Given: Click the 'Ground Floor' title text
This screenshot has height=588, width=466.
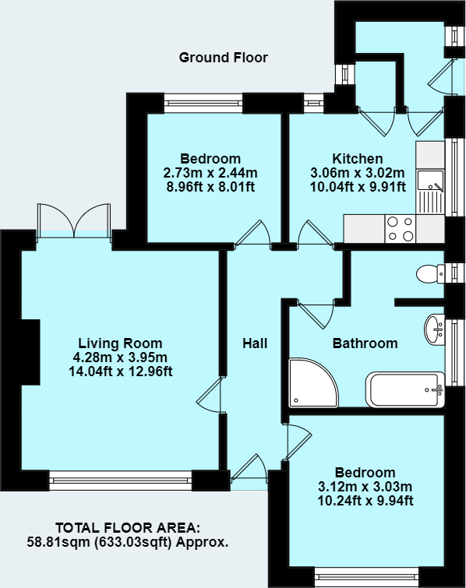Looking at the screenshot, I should coord(223,58).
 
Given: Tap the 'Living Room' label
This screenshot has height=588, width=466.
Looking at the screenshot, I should coord(120,343).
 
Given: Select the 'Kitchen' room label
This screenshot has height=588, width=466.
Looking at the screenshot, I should coord(358,158).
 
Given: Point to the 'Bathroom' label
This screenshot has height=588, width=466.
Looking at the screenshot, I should coord(365,343).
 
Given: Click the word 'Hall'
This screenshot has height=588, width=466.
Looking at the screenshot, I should coord(254,343).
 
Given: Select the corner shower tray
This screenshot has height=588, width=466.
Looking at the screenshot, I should coord(311,382).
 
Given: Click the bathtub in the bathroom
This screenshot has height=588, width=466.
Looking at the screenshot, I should coord(404,389).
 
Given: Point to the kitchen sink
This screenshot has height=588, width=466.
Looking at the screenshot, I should coord(429,182).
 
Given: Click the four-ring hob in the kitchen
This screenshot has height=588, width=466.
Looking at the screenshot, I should coord(401,227).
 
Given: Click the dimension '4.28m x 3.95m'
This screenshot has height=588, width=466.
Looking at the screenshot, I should coord(120,357).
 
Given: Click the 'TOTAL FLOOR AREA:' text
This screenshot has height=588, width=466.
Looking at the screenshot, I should coord(127,527).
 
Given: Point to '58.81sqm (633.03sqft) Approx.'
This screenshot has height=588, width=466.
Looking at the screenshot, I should coord(127,540).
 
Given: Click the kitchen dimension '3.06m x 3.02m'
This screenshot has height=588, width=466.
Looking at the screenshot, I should coord(358,172).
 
